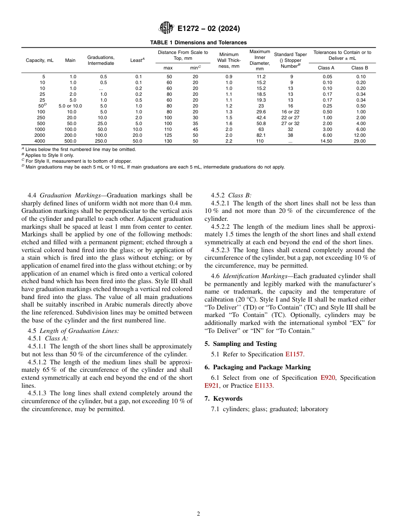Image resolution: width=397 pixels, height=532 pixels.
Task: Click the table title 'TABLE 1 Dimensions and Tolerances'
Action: pos(198,43)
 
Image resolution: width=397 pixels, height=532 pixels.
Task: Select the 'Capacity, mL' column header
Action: pos(40,60)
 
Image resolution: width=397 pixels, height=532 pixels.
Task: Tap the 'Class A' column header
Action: pos(326,68)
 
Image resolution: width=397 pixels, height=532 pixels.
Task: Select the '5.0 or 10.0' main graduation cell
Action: pos(70,106)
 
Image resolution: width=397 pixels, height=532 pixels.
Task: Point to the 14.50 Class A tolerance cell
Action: pos(326,141)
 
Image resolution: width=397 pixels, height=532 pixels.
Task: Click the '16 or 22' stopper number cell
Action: pos(290,112)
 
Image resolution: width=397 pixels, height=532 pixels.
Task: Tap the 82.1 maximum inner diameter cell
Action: pos(260,136)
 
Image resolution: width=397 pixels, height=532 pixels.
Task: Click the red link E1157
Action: pos(294,354)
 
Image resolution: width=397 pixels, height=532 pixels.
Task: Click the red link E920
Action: pos(328,378)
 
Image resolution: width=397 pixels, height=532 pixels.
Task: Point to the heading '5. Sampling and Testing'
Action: pos(240,344)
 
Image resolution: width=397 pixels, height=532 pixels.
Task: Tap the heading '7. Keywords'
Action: pos(223,399)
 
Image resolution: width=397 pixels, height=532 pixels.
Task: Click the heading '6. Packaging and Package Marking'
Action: pos(257,367)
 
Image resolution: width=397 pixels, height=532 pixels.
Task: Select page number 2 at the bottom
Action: pos(198,514)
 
